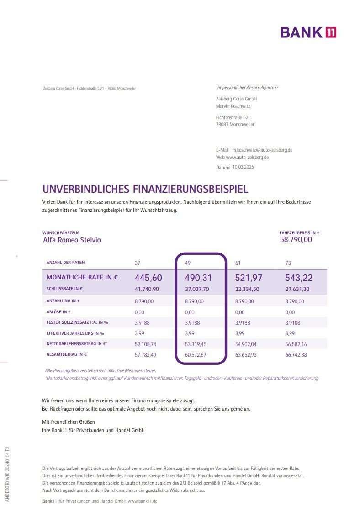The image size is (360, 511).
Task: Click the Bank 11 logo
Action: coord(308,32)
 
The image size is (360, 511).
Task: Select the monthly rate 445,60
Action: coord(148,278)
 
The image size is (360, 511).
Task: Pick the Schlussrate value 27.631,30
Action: coord(298,289)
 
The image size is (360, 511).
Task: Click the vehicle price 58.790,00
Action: coord(296,239)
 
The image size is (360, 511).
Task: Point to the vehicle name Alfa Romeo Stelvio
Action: coord(72,240)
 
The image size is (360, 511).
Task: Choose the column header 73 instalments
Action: coord(288,263)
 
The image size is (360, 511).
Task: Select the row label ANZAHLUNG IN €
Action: coord(63,301)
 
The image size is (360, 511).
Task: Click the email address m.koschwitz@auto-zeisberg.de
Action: coord(262,150)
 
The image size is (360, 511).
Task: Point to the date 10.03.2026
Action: coord(243,167)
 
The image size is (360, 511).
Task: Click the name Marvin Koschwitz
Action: coord(233,106)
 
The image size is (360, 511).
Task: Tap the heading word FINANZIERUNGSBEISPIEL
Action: coord(191,189)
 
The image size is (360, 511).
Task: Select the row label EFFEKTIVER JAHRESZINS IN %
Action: coord(75,333)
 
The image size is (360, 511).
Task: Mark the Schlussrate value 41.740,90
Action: coord(147,289)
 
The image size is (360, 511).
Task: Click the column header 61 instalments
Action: coord(238,263)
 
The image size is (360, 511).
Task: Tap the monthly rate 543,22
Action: coord(299,278)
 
